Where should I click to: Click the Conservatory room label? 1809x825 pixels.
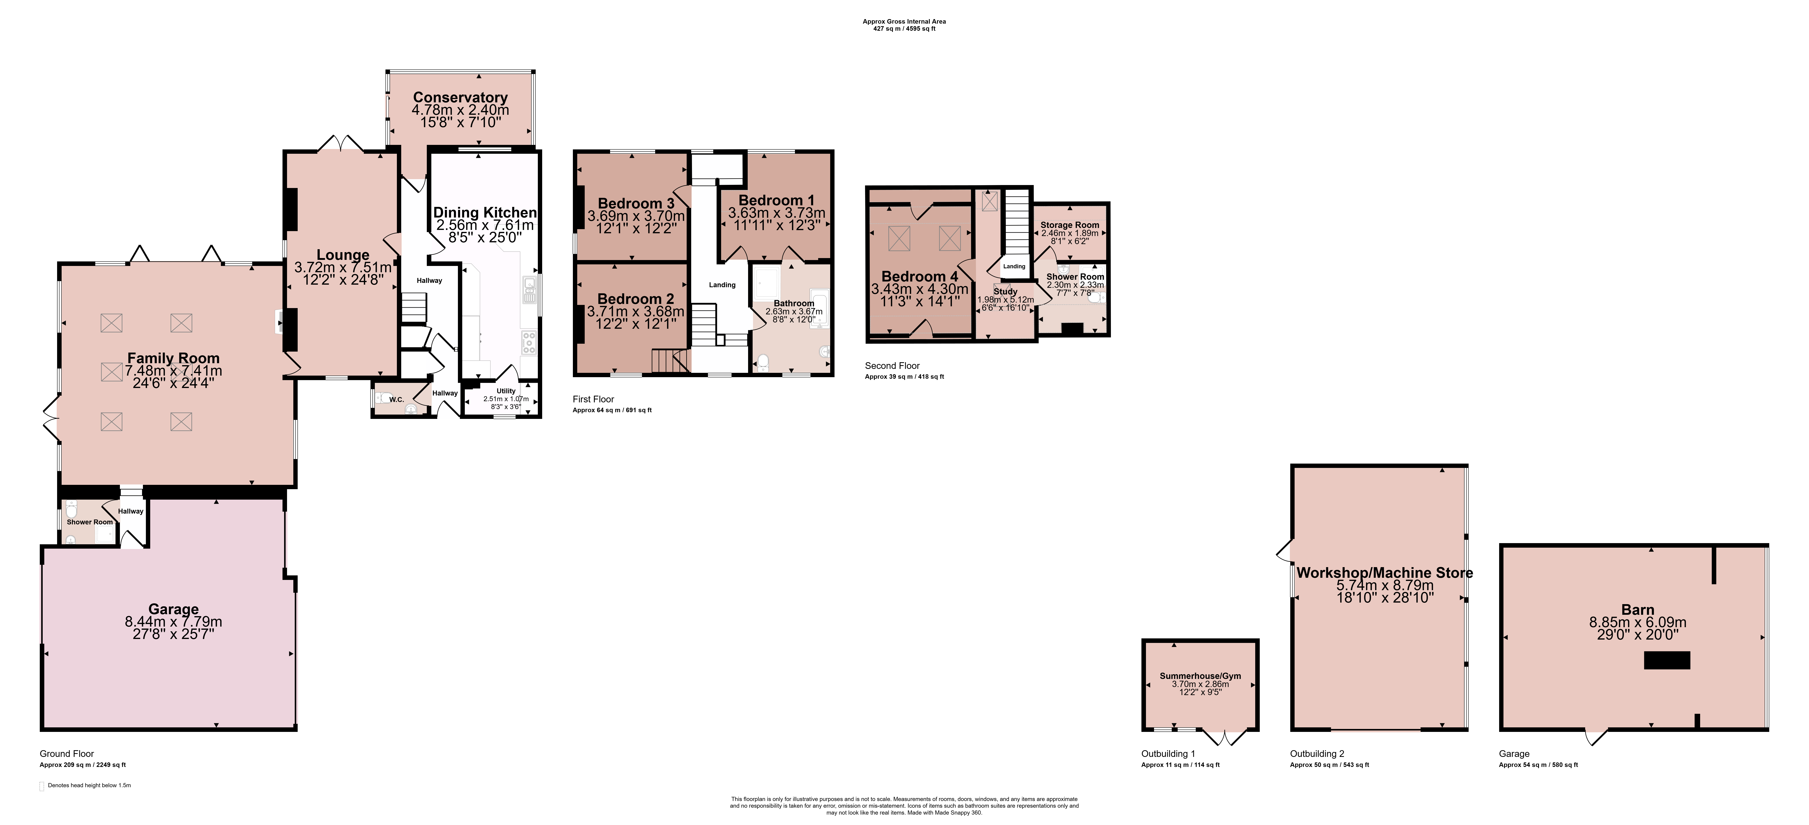[x=460, y=98]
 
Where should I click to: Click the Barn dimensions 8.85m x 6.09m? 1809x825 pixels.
[x=1638, y=622]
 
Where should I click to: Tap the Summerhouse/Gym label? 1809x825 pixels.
[x=1200, y=676]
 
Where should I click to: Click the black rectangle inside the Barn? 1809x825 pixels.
[x=1666, y=660]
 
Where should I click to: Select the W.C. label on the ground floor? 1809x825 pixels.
[x=397, y=400]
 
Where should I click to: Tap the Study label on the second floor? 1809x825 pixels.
[x=1006, y=291]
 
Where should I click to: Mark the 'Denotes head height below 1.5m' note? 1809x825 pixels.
[x=89, y=786]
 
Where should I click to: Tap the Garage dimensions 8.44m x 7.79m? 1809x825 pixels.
[x=173, y=622]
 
